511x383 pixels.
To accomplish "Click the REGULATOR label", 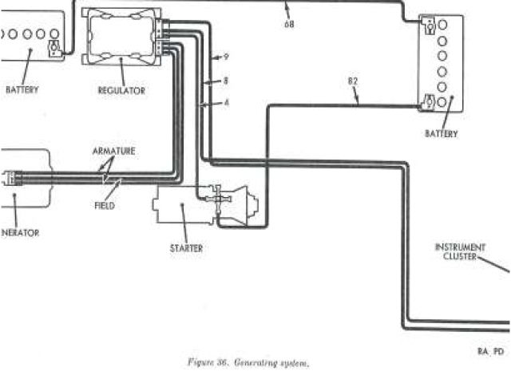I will point(122,90).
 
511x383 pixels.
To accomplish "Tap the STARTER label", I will point(186,248).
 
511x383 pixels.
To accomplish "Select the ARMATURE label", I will point(113,151).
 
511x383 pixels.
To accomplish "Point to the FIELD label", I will point(105,206).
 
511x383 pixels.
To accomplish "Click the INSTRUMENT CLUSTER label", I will point(460,251).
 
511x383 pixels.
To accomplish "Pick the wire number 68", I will point(289,24).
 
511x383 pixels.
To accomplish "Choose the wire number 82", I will point(354,81).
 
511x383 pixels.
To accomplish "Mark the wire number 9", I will point(226,57).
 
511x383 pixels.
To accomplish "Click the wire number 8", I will point(226,81).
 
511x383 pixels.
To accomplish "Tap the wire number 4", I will point(226,103).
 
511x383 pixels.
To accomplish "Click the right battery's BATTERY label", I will point(442,134).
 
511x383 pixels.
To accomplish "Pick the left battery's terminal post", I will point(54,48).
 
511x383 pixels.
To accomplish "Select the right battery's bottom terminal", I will point(430,103).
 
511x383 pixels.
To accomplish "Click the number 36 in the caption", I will point(220,363).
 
